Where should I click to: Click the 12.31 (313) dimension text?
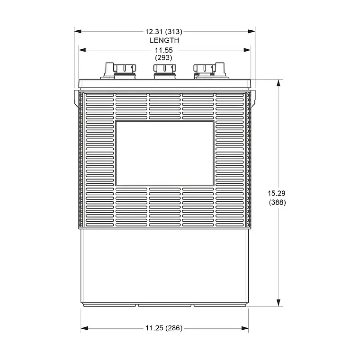click(163, 32)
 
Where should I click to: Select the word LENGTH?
click(164, 40)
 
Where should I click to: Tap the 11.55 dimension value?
click(164, 49)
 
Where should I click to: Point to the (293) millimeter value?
click(164, 57)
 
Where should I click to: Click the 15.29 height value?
click(277, 193)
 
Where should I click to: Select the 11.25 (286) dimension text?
click(164, 328)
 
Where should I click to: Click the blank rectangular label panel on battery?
click(164, 153)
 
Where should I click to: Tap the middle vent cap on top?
click(164, 71)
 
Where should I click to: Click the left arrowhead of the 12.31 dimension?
click(77, 32)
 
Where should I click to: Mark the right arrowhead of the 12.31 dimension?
click(252, 32)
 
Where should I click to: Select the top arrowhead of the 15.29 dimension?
click(279, 82)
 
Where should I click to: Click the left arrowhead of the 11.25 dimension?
click(84, 328)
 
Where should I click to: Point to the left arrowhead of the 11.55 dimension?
click(82, 49)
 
